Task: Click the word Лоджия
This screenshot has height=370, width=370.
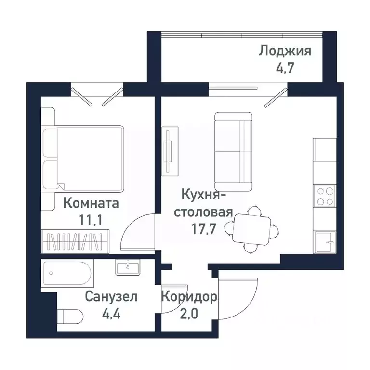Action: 285,51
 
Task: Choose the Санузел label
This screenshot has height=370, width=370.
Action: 111,297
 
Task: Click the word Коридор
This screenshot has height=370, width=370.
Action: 189,296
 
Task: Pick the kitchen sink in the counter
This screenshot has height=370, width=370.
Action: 324,241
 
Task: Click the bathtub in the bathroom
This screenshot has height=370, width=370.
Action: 66,274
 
